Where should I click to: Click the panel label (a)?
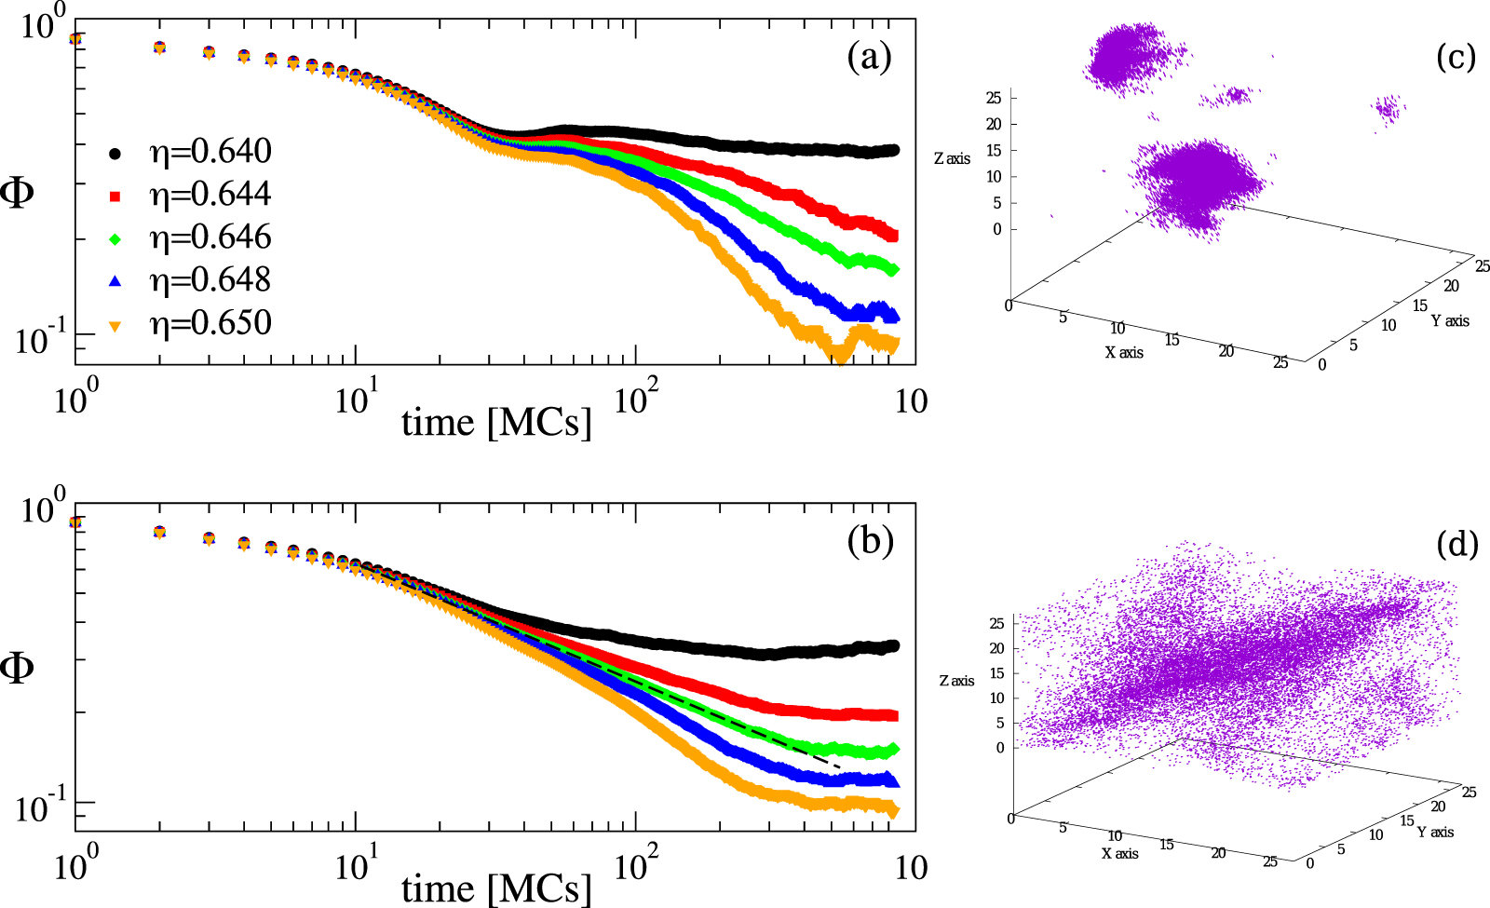click(x=869, y=58)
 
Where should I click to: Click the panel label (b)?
click(x=871, y=541)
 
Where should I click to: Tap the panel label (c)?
click(x=1456, y=58)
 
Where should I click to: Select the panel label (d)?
click(x=1457, y=544)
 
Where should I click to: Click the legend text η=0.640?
click(x=210, y=152)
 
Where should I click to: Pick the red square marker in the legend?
click(x=115, y=196)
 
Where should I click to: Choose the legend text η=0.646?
click(x=210, y=237)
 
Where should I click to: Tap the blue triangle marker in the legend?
click(x=115, y=280)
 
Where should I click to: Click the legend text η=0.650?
click(x=210, y=323)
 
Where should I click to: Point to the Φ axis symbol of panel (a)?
click(x=18, y=194)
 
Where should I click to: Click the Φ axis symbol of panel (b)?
click(x=18, y=668)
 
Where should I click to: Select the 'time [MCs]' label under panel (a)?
click(x=496, y=424)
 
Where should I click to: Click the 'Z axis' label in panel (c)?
click(x=952, y=159)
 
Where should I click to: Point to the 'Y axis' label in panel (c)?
click(x=1450, y=320)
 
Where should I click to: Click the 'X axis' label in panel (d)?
click(x=1119, y=853)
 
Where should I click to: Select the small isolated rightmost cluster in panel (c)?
click(x=1388, y=110)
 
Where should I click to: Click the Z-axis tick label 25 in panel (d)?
click(x=996, y=623)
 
